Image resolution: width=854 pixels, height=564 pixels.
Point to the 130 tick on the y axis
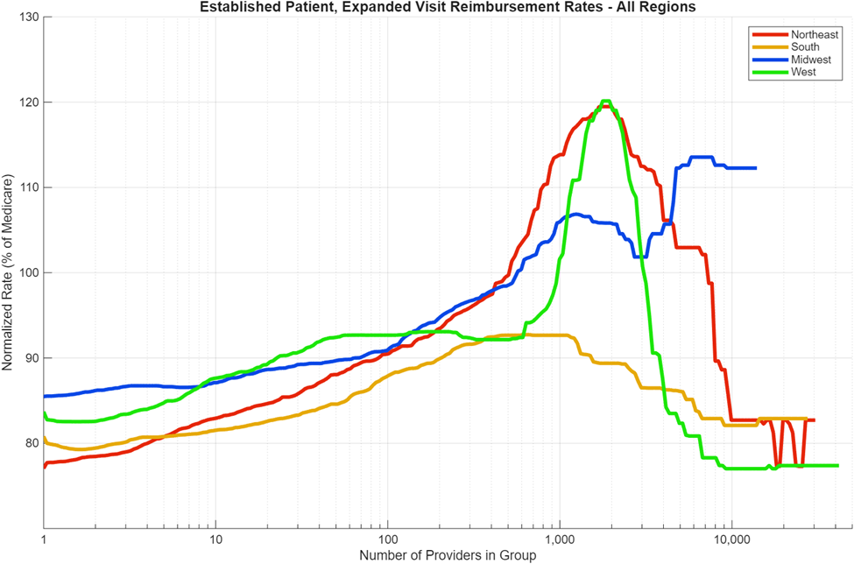pyautogui.click(x=28, y=18)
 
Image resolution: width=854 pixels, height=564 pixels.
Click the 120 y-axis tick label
pyautogui.click(x=28, y=102)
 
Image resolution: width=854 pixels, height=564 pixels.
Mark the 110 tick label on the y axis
pyautogui.click(x=28, y=187)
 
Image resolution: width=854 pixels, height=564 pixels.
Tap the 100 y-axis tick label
pyautogui.click(x=28, y=272)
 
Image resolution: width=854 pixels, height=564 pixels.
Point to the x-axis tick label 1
pyautogui.click(x=44, y=539)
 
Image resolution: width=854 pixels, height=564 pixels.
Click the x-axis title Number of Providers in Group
pyautogui.click(x=448, y=554)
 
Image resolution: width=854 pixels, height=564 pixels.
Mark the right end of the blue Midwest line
pyautogui.click(x=755, y=168)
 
